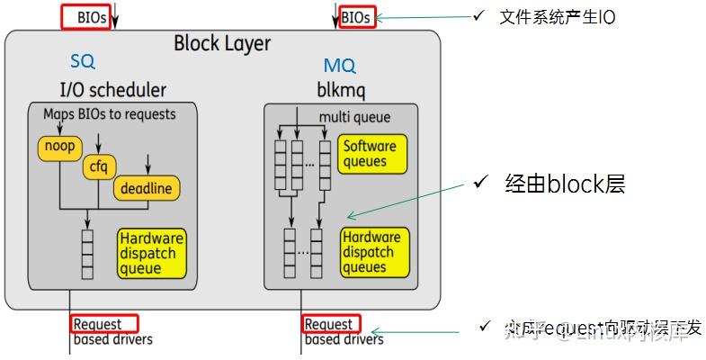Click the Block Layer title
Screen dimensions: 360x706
point(221,43)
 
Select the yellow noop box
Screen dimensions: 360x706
point(58,145)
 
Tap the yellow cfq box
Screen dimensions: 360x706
point(96,166)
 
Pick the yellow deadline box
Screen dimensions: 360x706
point(146,189)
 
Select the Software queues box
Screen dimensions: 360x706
point(370,154)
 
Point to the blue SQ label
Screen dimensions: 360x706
point(83,62)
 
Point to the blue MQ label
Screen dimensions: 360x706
point(339,66)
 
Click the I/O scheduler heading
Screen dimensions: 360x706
point(112,89)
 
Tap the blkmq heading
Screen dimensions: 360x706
point(338,89)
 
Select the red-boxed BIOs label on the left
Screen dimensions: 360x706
point(86,16)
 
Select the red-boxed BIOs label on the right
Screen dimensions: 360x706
point(354,16)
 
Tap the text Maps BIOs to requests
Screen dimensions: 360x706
point(109,114)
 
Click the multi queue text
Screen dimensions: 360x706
point(353,117)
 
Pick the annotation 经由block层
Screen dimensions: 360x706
point(564,184)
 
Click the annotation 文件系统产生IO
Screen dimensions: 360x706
point(557,17)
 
